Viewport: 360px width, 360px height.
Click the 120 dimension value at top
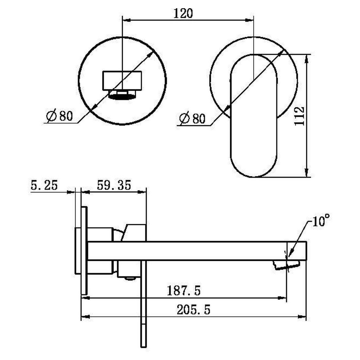183,13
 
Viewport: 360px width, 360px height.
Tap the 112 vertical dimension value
299,116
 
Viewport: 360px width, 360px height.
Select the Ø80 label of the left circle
59,116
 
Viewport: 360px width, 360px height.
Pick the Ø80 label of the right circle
192,118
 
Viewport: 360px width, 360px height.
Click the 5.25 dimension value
44,185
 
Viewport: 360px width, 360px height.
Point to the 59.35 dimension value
114,185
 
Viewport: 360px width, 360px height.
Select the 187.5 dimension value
184,290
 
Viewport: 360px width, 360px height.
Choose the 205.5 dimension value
193,310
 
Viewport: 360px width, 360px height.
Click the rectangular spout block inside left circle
122,80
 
